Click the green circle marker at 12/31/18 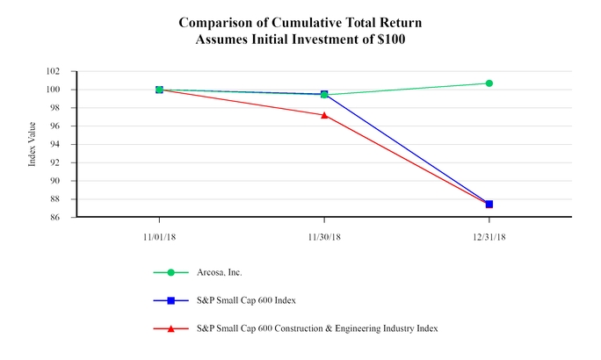tap(489, 83)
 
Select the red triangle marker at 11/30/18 tap(324, 115)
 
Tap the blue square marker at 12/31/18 tap(489, 204)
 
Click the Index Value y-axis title tap(33, 145)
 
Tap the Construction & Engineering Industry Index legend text tap(352, 328)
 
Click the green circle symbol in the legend tap(172, 273)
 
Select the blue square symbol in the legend tap(172, 300)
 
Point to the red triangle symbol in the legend tap(172, 328)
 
